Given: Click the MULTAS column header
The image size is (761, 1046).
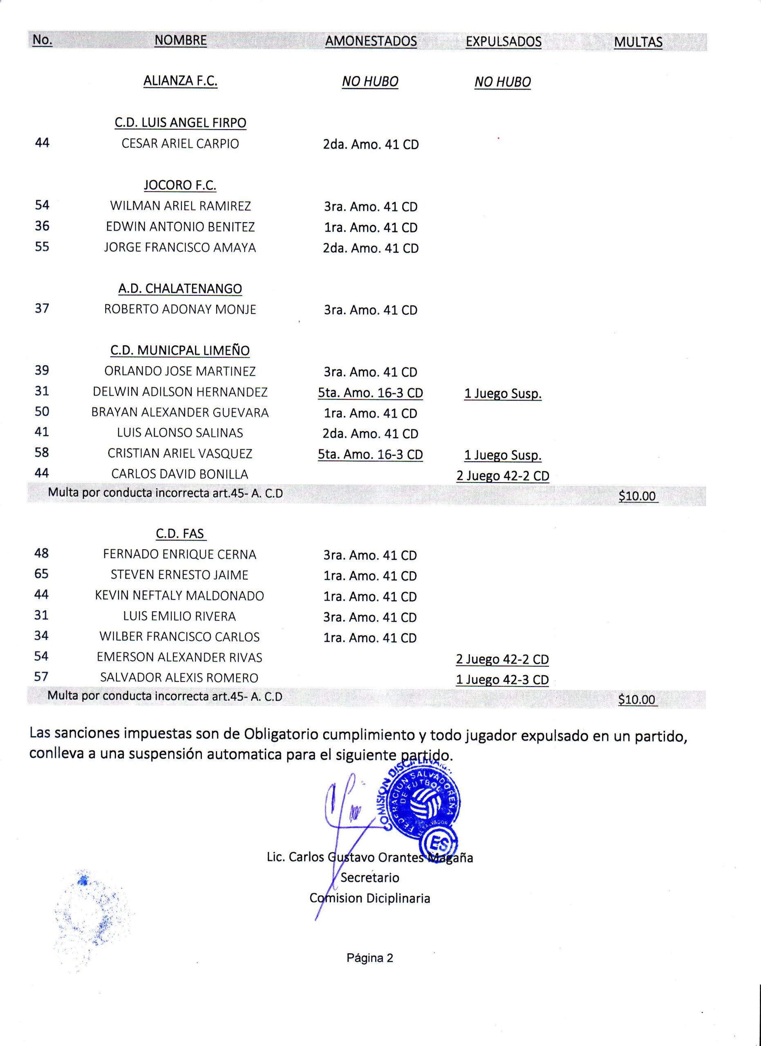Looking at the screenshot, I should click(638, 42).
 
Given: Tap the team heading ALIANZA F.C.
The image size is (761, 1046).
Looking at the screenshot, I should click(180, 81).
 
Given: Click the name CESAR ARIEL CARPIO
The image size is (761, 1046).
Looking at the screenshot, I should click(180, 143).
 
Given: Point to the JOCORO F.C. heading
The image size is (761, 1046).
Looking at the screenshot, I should click(180, 185).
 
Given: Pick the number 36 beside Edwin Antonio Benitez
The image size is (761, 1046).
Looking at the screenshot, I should click(42, 226).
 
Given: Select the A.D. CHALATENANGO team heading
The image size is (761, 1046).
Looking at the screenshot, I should click(180, 289).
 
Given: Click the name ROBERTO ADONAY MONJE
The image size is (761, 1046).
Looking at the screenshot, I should click(180, 309).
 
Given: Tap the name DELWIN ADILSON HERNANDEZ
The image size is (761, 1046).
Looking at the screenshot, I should click(180, 392).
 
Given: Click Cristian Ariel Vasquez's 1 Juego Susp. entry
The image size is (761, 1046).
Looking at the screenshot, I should click(503, 455).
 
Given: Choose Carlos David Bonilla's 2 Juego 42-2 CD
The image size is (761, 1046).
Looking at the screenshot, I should click(503, 476).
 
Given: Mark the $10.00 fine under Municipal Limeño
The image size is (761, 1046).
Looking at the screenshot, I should click(637, 496).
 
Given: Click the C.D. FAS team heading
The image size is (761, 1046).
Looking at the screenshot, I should click(180, 534).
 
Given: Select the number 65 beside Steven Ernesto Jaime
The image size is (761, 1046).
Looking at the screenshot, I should click(42, 574).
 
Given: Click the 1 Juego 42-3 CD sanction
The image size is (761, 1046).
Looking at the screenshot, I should click(502, 680).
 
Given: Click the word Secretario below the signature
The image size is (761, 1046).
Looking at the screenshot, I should click(370, 878).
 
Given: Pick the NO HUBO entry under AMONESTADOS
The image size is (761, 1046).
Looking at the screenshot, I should click(370, 82).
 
